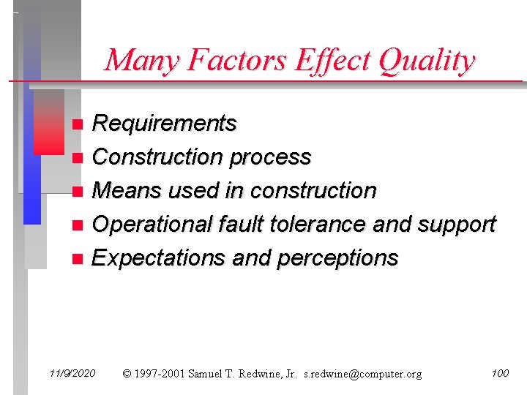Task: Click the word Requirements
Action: (x=165, y=124)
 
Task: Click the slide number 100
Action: (x=500, y=373)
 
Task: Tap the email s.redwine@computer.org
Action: (x=363, y=374)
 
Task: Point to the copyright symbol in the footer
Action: (x=127, y=374)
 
